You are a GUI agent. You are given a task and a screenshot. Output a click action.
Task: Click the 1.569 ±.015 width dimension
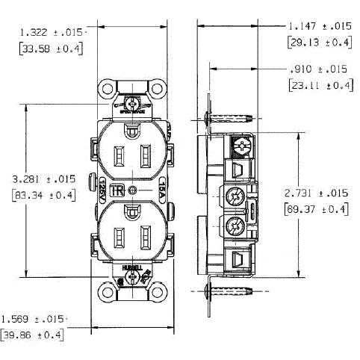33,318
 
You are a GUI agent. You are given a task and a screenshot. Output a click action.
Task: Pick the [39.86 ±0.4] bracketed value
33,334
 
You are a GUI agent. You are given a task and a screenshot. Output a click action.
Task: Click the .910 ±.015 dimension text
317,69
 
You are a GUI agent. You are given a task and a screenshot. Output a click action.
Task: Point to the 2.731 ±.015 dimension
317,193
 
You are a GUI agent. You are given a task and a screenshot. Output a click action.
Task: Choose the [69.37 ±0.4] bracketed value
317,208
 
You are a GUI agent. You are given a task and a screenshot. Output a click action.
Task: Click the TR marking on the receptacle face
117,190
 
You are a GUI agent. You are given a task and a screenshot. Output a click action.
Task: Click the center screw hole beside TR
132,190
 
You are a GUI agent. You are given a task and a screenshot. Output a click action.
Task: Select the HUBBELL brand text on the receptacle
132,264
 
